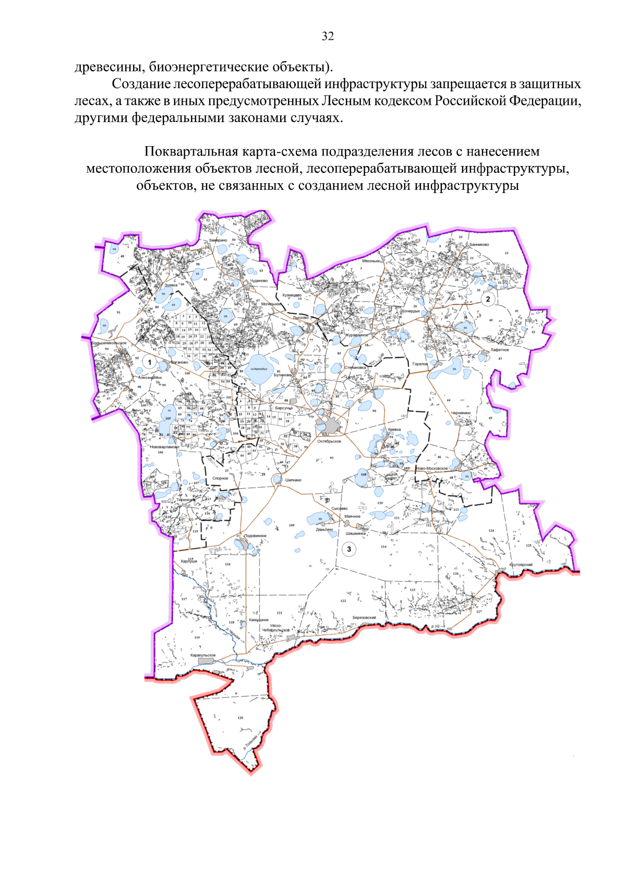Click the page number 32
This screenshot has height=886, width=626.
pos(328,36)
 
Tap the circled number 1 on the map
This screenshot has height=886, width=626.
pos(150,362)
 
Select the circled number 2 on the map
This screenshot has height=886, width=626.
pos(488,299)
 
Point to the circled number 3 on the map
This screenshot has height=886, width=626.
pos(349,548)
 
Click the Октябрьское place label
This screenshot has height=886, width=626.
pos(329,441)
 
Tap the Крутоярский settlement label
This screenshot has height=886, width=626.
pos(521,565)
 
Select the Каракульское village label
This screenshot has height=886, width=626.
pos(203,655)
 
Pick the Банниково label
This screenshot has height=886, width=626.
pos(479,244)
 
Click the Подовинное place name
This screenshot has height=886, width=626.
pos(255,536)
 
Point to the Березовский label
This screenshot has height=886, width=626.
pos(364,617)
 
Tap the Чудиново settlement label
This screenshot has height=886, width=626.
pos(259,281)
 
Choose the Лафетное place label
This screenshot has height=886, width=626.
pos(499,350)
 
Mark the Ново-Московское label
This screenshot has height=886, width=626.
pos(432,469)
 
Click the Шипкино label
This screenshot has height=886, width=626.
pos(293,480)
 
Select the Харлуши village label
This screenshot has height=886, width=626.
pos(189,561)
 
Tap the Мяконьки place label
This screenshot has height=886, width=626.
pos(371,261)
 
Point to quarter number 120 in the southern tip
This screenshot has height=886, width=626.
pos(240,718)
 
